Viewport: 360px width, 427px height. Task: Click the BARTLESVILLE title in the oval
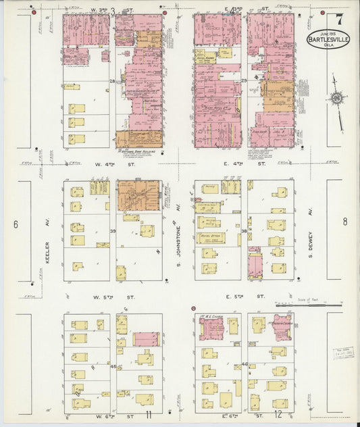pos(329,39)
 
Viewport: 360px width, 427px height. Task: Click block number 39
pos(113,231)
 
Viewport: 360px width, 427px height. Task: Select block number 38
pos(243,231)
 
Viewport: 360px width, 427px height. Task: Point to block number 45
pos(113,366)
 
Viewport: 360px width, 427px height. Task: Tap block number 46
pos(244,364)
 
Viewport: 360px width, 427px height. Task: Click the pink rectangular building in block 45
pos(145,338)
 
